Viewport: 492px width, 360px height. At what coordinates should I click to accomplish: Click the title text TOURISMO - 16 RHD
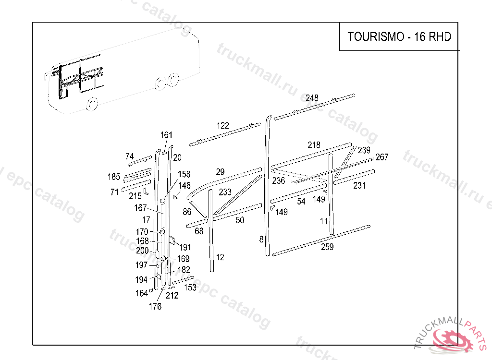[x=399, y=37]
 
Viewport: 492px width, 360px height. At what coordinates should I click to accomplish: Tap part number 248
[x=312, y=98]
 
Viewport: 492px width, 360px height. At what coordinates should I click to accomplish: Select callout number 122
[x=222, y=126]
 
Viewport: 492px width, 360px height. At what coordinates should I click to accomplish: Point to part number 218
[x=314, y=145]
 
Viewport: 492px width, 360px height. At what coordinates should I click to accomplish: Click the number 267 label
[x=382, y=157]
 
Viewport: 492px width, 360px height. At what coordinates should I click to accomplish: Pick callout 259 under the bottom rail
[x=327, y=247]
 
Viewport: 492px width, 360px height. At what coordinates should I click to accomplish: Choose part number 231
[x=359, y=185]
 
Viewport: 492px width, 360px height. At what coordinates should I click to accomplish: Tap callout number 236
[x=279, y=181]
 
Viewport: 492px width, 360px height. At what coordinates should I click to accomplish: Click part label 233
[x=225, y=192]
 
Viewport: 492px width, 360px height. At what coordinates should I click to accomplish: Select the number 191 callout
[x=185, y=247]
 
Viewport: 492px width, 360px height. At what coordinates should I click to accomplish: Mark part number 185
[x=114, y=177]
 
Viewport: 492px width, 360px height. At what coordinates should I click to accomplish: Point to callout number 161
[x=166, y=135]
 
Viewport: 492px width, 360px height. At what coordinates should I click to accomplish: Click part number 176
[x=155, y=307]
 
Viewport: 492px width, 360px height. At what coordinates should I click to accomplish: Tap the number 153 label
[x=190, y=288]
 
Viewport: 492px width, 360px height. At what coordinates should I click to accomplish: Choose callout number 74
[x=130, y=156]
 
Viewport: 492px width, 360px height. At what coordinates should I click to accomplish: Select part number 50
[x=240, y=220]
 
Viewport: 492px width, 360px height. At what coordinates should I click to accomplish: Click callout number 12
[x=220, y=257]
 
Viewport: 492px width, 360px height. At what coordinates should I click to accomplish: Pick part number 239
[x=364, y=150]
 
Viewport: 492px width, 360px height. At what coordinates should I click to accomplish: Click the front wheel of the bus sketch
[x=92, y=104]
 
